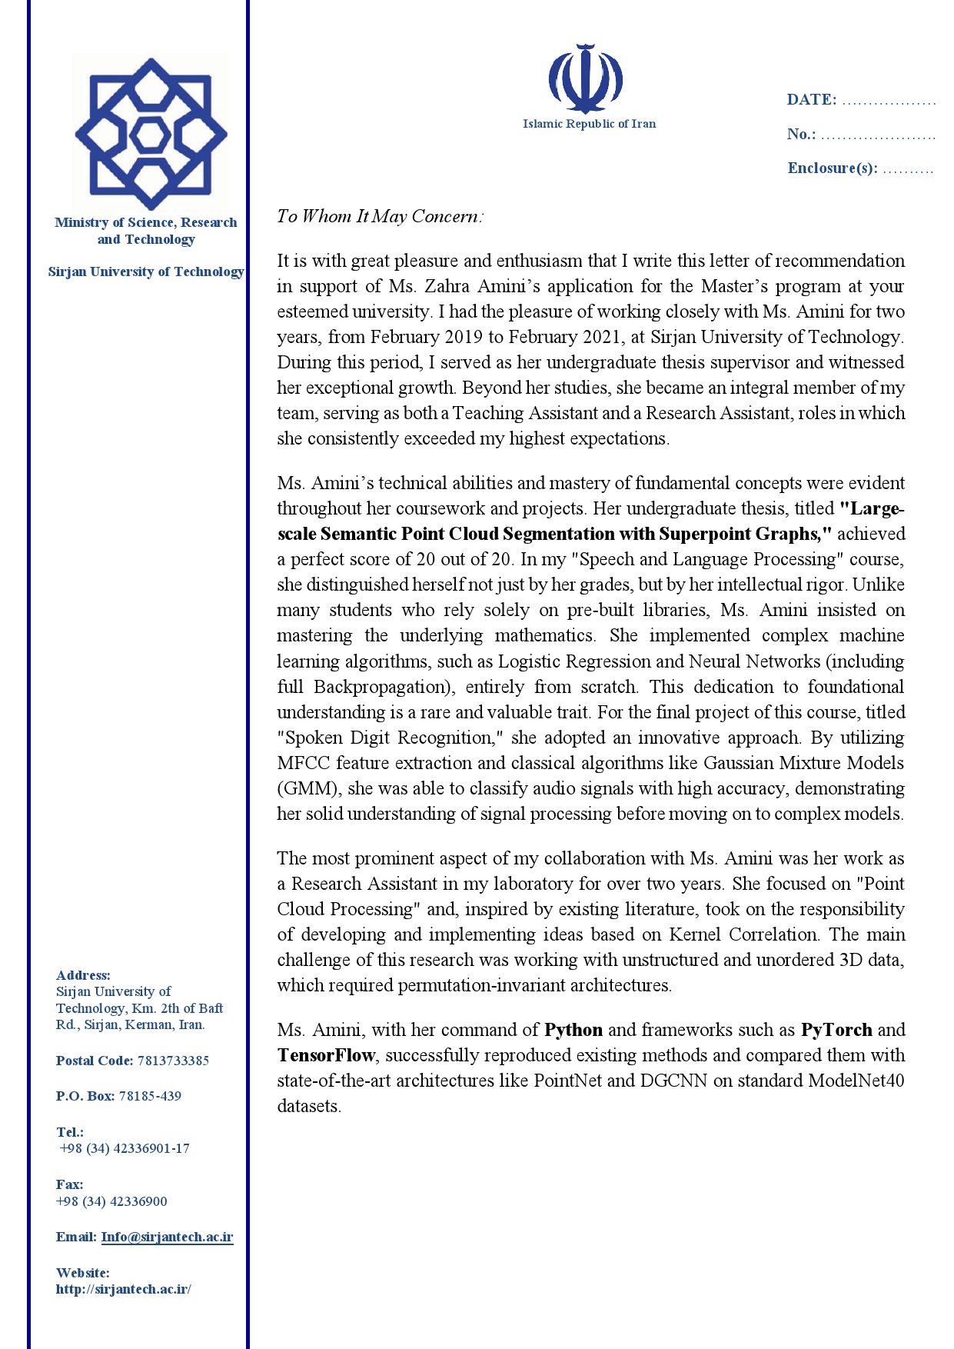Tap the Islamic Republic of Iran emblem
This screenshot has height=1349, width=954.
tap(586, 78)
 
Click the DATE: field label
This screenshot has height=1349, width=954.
tap(811, 99)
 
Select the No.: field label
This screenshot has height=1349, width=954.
tap(801, 134)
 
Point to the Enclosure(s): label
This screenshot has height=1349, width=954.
tap(832, 168)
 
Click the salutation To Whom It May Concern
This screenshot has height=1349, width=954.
tap(380, 216)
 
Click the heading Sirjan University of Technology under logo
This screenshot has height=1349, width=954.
tap(146, 271)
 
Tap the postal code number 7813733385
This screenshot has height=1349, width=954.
tap(173, 1061)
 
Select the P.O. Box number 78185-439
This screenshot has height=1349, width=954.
tap(150, 1096)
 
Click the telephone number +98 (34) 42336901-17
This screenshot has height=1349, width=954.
tap(125, 1148)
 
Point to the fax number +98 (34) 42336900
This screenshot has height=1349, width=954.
tap(111, 1201)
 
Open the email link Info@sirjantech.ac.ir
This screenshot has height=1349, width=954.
tap(167, 1237)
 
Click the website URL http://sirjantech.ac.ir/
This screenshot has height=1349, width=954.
tap(123, 1289)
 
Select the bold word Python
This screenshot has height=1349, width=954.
tap(573, 1030)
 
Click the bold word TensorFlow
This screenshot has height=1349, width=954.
tap(326, 1055)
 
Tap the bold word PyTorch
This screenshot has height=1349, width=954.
tap(836, 1030)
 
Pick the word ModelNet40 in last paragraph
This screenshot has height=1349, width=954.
tap(856, 1081)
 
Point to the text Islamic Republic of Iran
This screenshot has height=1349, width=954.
tap(589, 124)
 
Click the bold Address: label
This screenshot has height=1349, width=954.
tap(83, 975)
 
